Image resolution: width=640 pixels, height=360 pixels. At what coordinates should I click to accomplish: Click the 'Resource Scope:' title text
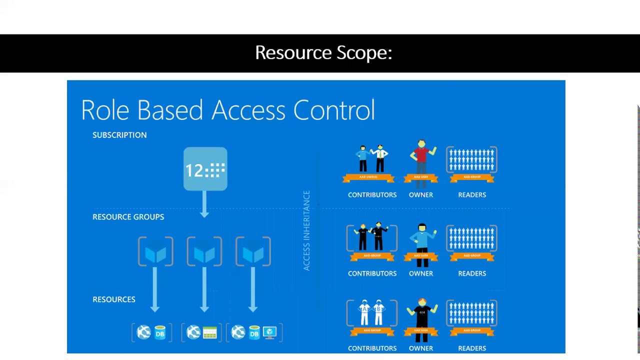pyautogui.click(x=323, y=52)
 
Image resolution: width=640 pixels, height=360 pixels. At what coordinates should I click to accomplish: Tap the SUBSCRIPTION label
pyautogui.click(x=119, y=135)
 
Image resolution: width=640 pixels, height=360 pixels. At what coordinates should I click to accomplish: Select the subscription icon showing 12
pyautogui.click(x=205, y=169)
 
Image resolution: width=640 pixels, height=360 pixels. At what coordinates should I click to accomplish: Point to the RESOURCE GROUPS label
pyautogui.click(x=128, y=217)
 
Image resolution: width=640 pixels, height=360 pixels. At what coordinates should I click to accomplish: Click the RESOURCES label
pyautogui.click(x=114, y=299)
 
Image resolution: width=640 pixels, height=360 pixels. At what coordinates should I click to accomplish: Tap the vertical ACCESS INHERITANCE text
pyautogui.click(x=306, y=230)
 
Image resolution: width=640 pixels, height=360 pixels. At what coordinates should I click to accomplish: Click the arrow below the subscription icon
pyautogui.click(x=204, y=205)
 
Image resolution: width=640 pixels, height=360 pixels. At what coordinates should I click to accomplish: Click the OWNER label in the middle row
pyautogui.click(x=421, y=273)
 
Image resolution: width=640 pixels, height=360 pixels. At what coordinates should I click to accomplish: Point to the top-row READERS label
pyautogui.click(x=472, y=195)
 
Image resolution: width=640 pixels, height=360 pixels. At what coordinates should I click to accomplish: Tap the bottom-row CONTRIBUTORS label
pyautogui.click(x=372, y=348)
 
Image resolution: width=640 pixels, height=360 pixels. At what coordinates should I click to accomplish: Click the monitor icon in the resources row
pyautogui.click(x=270, y=332)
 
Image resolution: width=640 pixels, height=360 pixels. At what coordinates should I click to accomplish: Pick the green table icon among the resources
pyautogui.click(x=210, y=332)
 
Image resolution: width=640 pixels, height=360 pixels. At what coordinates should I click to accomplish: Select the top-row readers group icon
pyautogui.click(x=471, y=160)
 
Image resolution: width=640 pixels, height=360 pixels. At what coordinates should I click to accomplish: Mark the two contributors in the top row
pyautogui.click(x=371, y=158)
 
